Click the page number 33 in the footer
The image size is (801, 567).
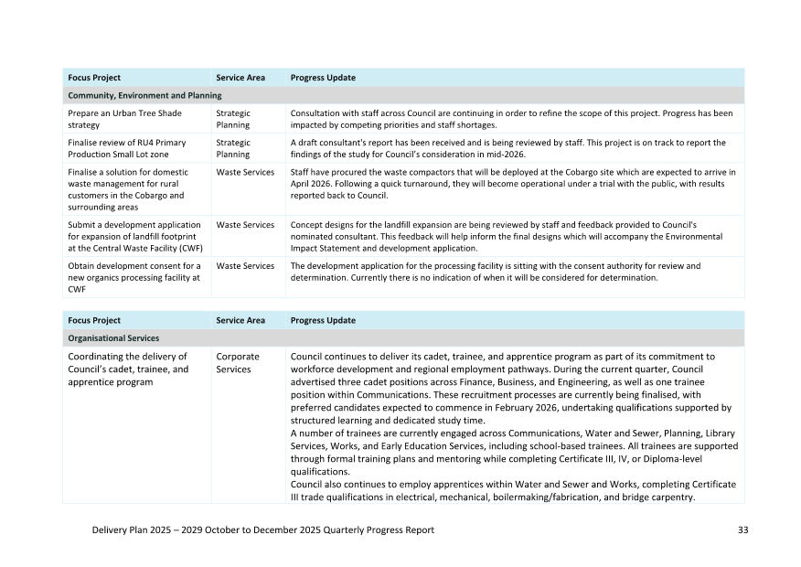pyautogui.click(x=742, y=530)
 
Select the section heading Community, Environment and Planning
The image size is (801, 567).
pyautogui.click(x=144, y=95)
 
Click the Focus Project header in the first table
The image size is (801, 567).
pyautogui.click(x=94, y=78)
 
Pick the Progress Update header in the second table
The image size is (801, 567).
pyautogui.click(x=323, y=321)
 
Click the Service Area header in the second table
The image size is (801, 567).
pyautogui.click(x=240, y=321)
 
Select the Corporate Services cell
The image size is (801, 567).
pyautogui.click(x=238, y=363)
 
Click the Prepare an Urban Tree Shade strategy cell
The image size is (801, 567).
pyautogui.click(x=125, y=119)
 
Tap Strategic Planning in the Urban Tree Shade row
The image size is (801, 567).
pyautogui.click(x=233, y=119)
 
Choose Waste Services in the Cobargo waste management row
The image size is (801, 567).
pyautogui.click(x=245, y=172)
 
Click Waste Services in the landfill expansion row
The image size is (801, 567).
pyautogui.click(x=245, y=225)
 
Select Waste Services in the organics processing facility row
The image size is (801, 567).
pyautogui.click(x=245, y=266)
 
